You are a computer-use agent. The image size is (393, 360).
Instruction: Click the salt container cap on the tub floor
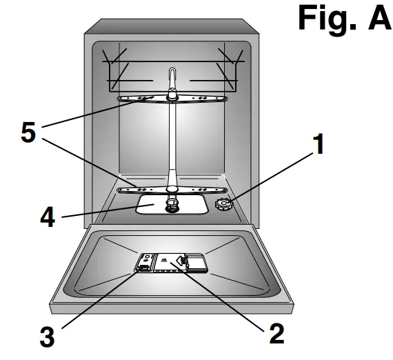[x=224, y=204]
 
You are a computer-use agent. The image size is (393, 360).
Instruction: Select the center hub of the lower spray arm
[x=171, y=188]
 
